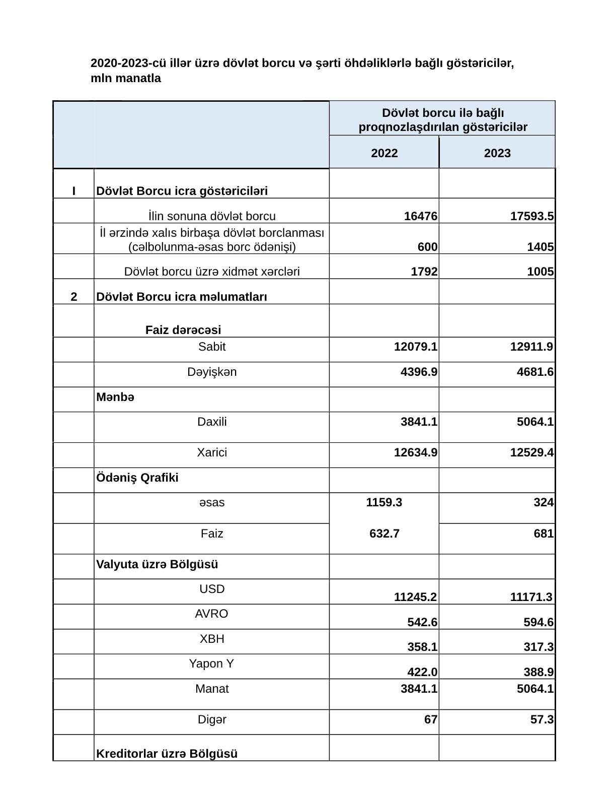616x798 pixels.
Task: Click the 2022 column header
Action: pyautogui.click(x=384, y=153)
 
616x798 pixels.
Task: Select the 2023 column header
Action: pyautogui.click(x=497, y=153)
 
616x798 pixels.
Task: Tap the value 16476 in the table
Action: pyautogui.click(x=421, y=217)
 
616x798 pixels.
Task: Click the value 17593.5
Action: pyautogui.click(x=532, y=217)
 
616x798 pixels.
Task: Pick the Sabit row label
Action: pyautogui.click(x=212, y=347)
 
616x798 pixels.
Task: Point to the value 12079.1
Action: pyautogui.click(x=415, y=347)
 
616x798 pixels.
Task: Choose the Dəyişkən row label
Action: pyautogui.click(x=212, y=372)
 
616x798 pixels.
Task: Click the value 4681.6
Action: pyautogui.click(x=535, y=372)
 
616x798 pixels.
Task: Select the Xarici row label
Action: pyautogui.click(x=212, y=452)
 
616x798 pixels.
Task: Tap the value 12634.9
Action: pyautogui.click(x=415, y=452)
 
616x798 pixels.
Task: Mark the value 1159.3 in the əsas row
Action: pyautogui.click(x=384, y=502)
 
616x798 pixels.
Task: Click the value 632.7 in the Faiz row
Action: pyautogui.click(x=384, y=534)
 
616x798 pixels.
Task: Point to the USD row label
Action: pyautogui.click(x=212, y=589)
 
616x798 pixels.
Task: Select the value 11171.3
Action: pyautogui.click(x=531, y=597)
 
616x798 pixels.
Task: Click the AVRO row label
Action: pyautogui.click(x=211, y=614)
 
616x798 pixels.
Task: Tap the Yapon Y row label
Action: pyautogui.click(x=211, y=663)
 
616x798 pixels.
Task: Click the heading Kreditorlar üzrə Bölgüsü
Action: pyautogui.click(x=167, y=754)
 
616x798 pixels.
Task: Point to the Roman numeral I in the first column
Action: pyautogui.click(x=74, y=191)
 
